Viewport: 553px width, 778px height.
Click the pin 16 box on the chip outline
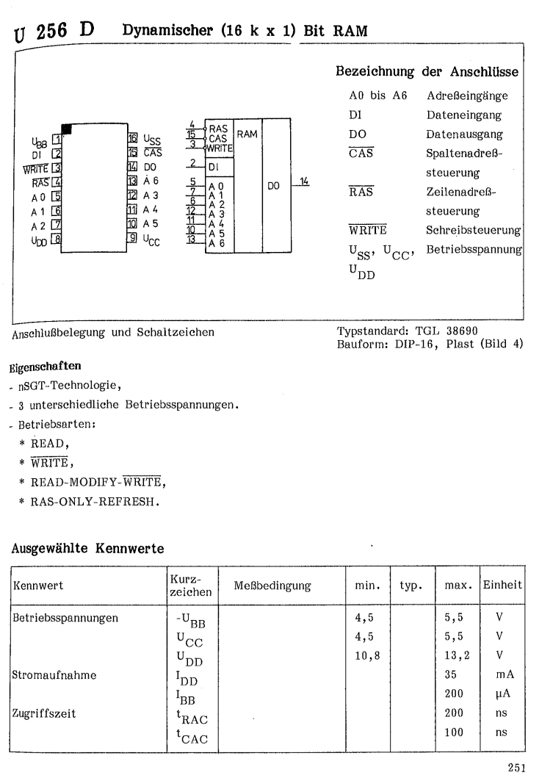(133, 138)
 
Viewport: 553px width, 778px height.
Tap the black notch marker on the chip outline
(67, 129)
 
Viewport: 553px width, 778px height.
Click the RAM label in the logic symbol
(247, 134)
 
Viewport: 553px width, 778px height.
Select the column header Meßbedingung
(272, 586)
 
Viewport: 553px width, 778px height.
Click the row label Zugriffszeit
(41, 713)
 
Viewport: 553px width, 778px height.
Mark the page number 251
(517, 766)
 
